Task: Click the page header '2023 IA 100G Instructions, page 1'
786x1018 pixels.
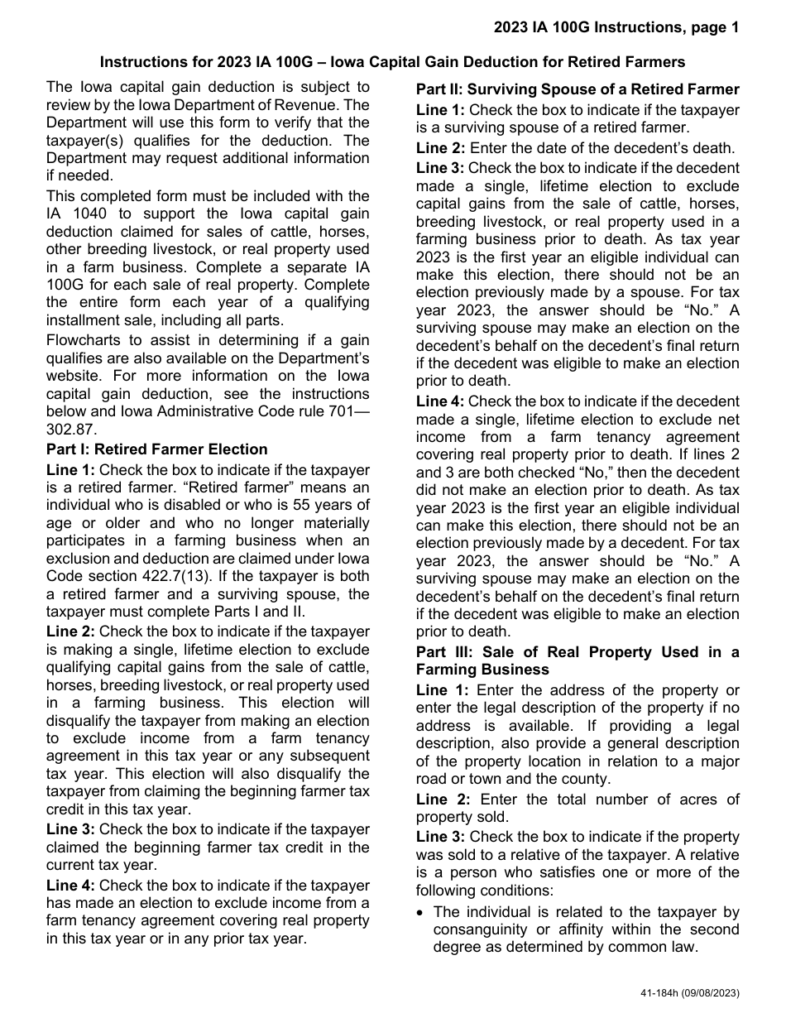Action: pos(616,28)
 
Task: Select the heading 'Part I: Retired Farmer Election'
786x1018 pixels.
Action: pos(157,449)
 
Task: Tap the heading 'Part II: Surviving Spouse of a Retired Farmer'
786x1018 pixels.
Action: pos(578,89)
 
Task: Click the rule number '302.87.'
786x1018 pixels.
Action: pos(72,429)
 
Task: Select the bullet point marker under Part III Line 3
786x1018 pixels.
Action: pos(421,912)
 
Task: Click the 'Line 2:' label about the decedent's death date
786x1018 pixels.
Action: pos(441,148)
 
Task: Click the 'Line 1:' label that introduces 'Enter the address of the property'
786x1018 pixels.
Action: pos(442,690)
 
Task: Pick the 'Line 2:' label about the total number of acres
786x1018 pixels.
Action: pos(442,799)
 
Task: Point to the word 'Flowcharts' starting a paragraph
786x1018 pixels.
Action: pos(82,340)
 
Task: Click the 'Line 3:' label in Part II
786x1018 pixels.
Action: pos(441,168)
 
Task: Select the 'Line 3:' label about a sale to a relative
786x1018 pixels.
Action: pos(441,837)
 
